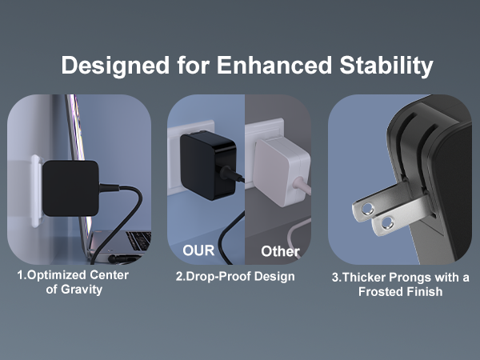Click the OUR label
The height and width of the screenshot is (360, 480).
tap(198, 250)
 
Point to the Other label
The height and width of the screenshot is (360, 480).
tap(280, 251)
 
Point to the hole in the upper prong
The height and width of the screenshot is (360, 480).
tap(366, 210)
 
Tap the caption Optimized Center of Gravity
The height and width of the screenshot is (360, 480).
tap(73, 282)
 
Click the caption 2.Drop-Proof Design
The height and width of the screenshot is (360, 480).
tap(235, 276)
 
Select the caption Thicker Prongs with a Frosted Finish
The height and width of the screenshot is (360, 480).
tap(400, 284)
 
